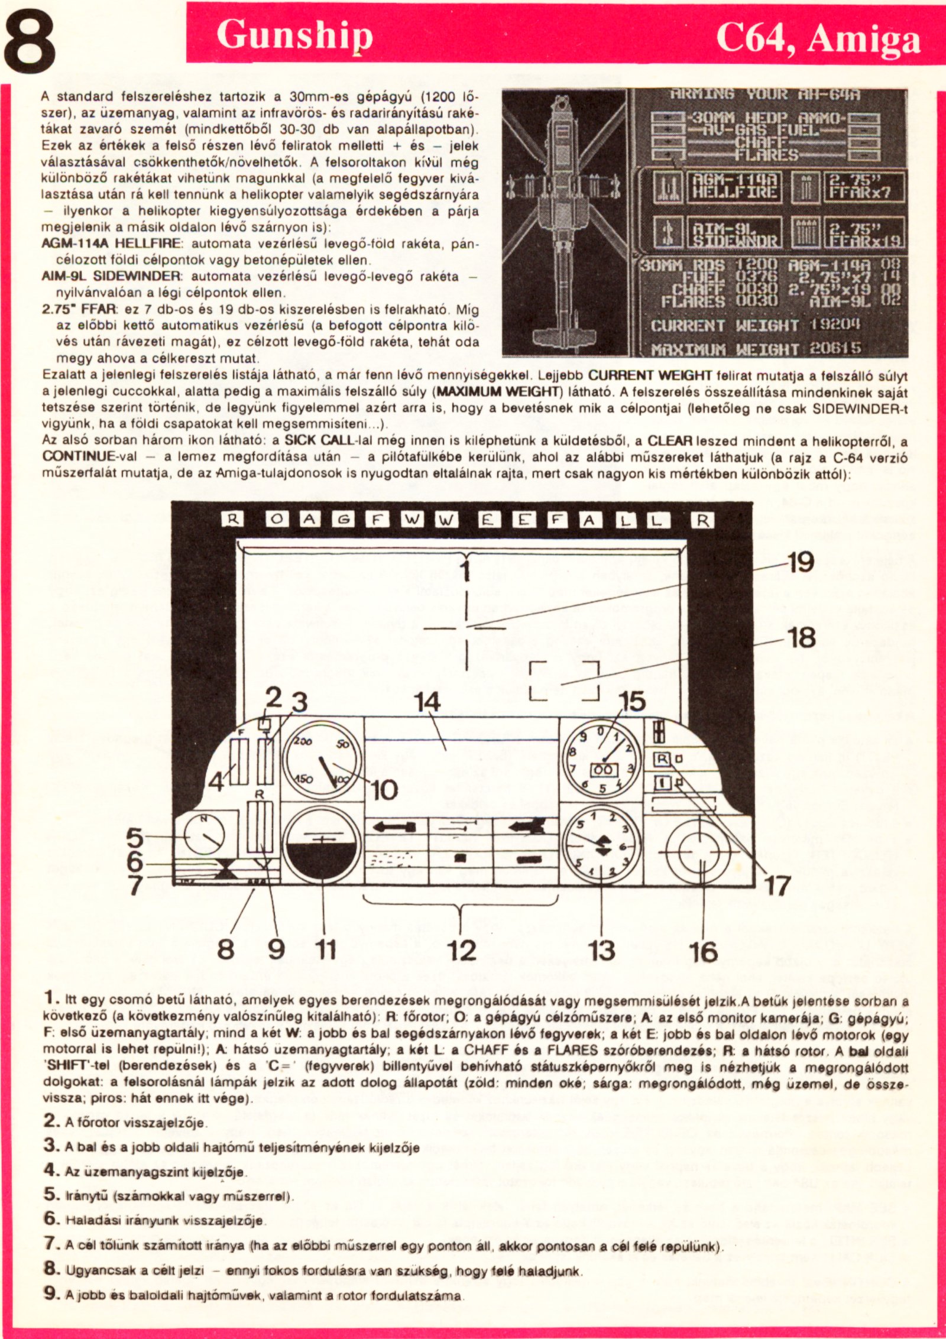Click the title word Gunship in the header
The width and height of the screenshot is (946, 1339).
[294, 35]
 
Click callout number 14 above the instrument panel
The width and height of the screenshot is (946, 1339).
[427, 702]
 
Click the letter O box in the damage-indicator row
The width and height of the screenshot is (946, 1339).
[278, 520]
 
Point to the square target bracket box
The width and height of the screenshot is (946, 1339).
[565, 680]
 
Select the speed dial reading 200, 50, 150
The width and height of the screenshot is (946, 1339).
[322, 761]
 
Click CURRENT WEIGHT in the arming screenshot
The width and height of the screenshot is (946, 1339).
[724, 326]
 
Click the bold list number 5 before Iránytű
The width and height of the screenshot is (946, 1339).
[50, 1195]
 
